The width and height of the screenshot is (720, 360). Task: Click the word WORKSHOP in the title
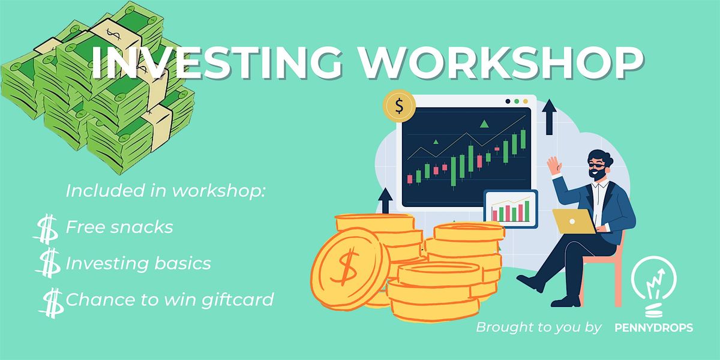pyautogui.click(x=502, y=62)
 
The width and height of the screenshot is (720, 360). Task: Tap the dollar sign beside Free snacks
pyautogui.click(x=46, y=229)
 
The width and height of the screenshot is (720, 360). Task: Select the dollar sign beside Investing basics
pyautogui.click(x=48, y=263)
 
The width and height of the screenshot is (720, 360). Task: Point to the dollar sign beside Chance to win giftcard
pyautogui.click(x=52, y=303)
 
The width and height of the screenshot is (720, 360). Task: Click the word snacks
pyautogui.click(x=142, y=227)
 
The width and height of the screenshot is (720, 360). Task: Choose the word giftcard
pyautogui.click(x=237, y=300)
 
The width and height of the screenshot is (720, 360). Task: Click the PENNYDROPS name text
pyautogui.click(x=654, y=328)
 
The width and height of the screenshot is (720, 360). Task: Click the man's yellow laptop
pyautogui.click(x=574, y=221)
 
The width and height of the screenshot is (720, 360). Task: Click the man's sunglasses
pyautogui.click(x=596, y=166)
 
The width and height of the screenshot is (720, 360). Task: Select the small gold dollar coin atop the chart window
pyautogui.click(x=399, y=106)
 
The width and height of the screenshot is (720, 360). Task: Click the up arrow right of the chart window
pyautogui.click(x=550, y=116)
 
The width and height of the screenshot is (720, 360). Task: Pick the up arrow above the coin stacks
pyautogui.click(x=385, y=200)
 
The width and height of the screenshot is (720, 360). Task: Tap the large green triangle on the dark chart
pyautogui.click(x=484, y=124)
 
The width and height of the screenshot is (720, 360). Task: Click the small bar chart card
pyautogui.click(x=511, y=208)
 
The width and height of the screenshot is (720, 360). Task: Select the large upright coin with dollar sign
pyautogui.click(x=350, y=269)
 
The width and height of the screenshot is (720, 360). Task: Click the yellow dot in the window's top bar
pyautogui.click(x=526, y=101)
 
